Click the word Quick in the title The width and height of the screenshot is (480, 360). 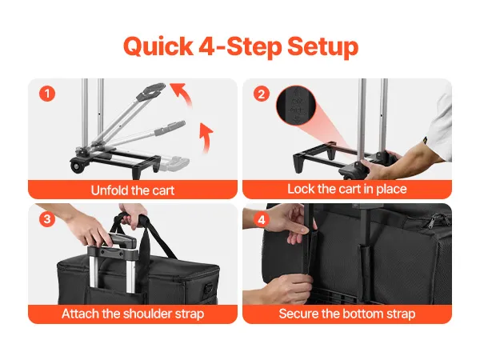tap(158, 47)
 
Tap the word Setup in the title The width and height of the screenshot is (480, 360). tap(322, 47)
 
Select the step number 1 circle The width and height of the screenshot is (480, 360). tap(47, 94)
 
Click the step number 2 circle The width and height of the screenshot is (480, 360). tap(261, 94)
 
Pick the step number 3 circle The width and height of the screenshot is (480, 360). tap(47, 219)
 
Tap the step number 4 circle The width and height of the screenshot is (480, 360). tap(261, 219)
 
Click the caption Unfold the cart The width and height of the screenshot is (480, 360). tap(133, 190)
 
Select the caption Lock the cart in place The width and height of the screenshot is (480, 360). tap(347, 189)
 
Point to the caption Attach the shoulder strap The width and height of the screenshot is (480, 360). tap(133, 314)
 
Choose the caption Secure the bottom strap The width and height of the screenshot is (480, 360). tap(347, 314)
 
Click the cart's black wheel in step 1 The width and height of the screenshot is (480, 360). tap(76, 166)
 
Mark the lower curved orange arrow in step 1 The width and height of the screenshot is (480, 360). tap(206, 138)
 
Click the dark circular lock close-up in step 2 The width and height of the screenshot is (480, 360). tap(296, 106)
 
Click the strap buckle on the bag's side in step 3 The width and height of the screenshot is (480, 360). tap(208, 289)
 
